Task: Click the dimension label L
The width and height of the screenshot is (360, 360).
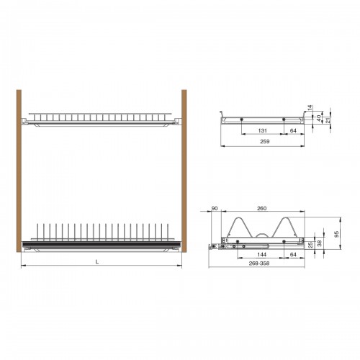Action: click(97, 262)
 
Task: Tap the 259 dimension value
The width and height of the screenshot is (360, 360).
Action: click(265, 141)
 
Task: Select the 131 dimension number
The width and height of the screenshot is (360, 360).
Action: click(263, 130)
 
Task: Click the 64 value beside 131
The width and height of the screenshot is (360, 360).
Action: click(293, 130)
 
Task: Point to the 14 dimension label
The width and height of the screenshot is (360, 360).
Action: click(310, 108)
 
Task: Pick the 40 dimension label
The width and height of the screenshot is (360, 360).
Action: click(319, 118)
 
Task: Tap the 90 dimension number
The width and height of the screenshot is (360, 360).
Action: click(215, 208)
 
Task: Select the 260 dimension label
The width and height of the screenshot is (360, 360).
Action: click(261, 208)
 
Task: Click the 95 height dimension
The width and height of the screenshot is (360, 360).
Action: click(336, 234)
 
